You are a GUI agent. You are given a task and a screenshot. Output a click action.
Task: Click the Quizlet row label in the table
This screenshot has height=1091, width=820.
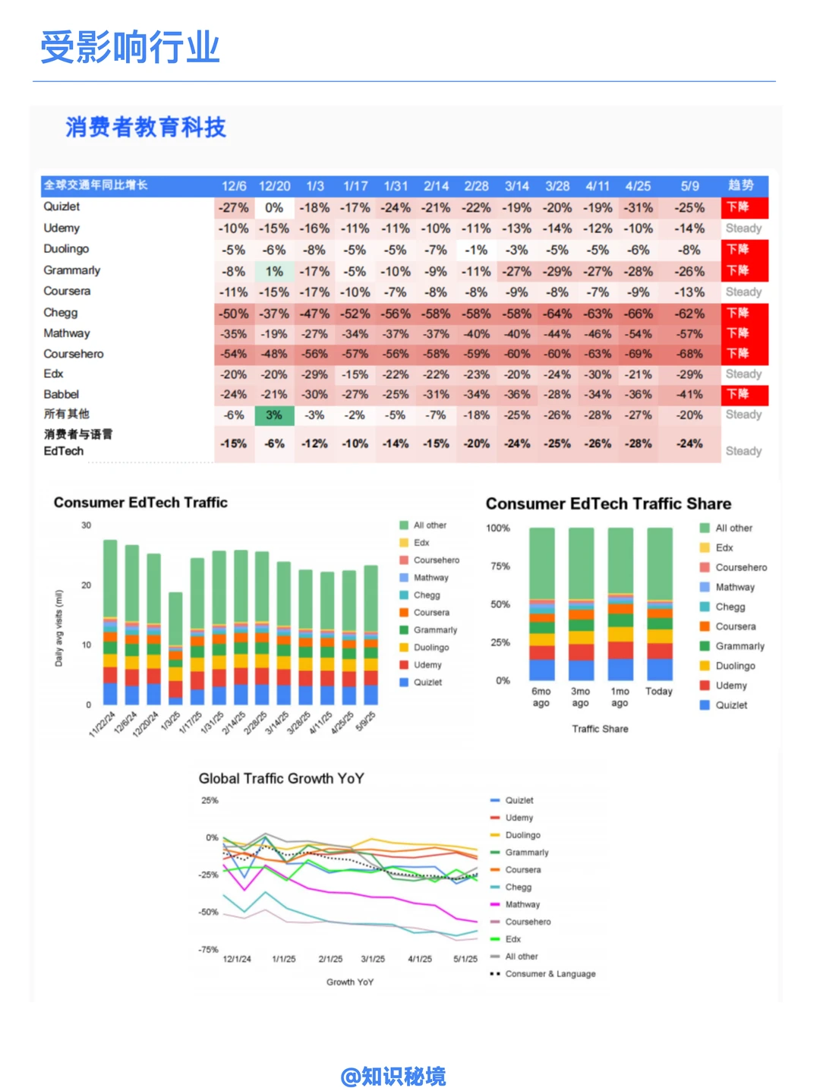coord(61,207)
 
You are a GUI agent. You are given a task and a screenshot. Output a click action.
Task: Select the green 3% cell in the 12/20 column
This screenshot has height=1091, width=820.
coord(274,415)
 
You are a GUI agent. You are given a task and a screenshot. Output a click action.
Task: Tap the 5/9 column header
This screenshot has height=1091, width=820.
coord(689,186)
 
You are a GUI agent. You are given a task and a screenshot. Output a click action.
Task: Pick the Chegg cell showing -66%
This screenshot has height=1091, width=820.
coord(639,314)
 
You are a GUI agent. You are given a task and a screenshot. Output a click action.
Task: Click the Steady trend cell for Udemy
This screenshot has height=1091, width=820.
coord(743,229)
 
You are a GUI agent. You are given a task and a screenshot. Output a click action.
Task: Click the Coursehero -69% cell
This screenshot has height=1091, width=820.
coord(639,354)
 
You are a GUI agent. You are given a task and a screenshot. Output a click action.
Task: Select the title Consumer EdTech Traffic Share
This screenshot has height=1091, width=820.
coord(608,504)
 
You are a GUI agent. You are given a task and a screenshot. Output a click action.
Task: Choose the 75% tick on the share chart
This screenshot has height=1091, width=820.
coord(500,566)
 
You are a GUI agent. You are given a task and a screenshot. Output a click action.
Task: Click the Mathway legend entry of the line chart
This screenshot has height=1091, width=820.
coord(522,904)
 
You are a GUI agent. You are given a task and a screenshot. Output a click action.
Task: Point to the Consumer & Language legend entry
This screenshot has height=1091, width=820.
coord(550,974)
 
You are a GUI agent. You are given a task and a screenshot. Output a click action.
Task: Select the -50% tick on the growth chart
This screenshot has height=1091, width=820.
coord(209,912)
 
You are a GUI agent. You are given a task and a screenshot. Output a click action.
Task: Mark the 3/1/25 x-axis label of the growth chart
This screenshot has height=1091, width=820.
coord(373,959)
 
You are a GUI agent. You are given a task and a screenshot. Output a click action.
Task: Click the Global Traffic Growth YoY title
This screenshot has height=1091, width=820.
coord(281,778)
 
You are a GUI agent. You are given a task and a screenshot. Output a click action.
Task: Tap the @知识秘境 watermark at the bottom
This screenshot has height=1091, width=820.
coord(393,1077)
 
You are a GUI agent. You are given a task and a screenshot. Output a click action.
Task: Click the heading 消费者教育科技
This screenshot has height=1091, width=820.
coord(146,128)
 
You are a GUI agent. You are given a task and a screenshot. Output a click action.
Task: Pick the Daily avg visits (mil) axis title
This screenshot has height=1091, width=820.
coord(59,629)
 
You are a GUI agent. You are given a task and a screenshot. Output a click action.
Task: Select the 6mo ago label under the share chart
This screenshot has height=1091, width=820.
coord(541,697)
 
